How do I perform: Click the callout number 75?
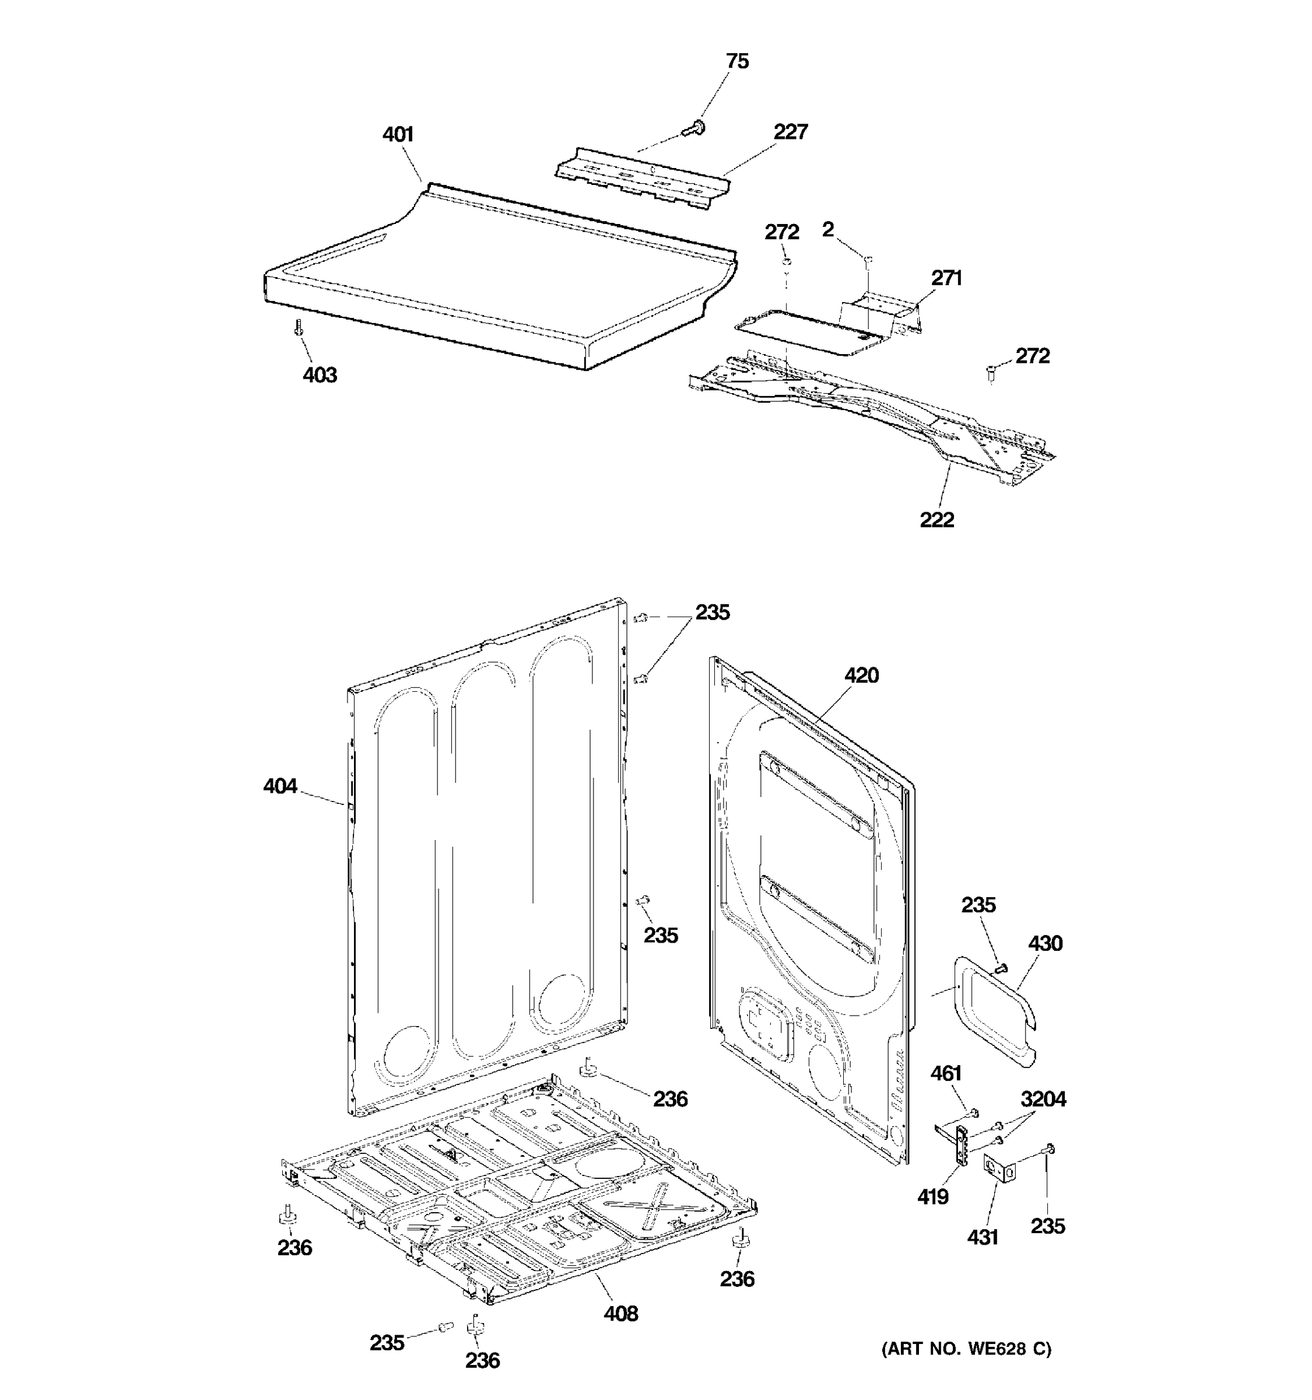pos(737,61)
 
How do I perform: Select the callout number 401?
pos(398,135)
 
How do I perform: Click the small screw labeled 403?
pos(299,327)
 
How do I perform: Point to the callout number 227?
pos(791,132)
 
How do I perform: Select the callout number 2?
pos(828,229)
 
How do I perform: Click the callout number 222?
pos(937,520)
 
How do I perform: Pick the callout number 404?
pos(280,786)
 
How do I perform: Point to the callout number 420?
pos(861,675)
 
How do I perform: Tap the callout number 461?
pos(945,1073)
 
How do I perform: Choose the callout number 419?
pos(932,1196)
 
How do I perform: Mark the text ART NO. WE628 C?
pos(966,1349)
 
